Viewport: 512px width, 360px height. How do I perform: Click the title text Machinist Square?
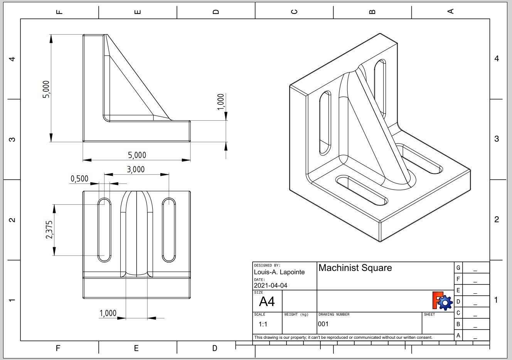(355, 268)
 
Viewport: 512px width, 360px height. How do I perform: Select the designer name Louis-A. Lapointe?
(279, 272)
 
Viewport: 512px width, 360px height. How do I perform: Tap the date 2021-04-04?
(270, 286)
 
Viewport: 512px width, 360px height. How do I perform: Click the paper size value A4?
(267, 301)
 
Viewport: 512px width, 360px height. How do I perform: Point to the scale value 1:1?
(263, 324)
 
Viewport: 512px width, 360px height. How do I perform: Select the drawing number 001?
(323, 324)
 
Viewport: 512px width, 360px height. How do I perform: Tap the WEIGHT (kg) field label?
(296, 315)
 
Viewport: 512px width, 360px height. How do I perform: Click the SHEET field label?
(429, 315)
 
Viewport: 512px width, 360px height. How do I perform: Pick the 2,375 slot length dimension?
(49, 230)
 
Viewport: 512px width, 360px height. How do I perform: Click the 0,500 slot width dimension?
(79, 179)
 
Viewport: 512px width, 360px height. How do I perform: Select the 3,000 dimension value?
(136, 170)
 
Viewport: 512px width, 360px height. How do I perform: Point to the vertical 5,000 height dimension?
(46, 89)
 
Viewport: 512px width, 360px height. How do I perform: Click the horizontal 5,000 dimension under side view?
(137, 155)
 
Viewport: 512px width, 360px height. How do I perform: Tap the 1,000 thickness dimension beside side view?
(221, 102)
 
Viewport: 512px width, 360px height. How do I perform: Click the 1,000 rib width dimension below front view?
(108, 313)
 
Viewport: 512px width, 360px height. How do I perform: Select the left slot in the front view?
(104, 230)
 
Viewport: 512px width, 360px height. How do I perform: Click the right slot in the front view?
(168, 230)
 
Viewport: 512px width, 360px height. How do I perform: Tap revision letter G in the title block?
(458, 268)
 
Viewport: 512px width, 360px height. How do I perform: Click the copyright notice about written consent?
(343, 338)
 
